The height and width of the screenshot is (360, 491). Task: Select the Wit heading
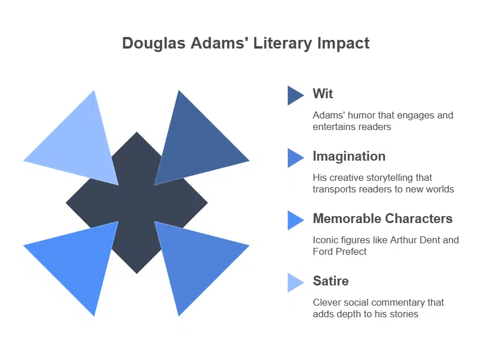(x=323, y=94)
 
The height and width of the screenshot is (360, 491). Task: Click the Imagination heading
(x=349, y=156)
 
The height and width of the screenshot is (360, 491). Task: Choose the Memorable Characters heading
(x=382, y=218)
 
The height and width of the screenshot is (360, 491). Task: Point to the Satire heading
(x=330, y=281)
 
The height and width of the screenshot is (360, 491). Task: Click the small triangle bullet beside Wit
(x=295, y=95)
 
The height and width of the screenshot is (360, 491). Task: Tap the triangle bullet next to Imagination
(x=295, y=158)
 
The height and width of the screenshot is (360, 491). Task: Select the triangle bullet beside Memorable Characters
(x=295, y=220)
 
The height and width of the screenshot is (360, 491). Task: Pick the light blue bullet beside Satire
(x=295, y=283)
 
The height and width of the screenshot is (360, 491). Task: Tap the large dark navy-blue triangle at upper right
(x=194, y=144)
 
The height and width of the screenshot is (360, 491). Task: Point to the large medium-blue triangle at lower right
(x=194, y=263)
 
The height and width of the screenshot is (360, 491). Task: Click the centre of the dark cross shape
(x=137, y=203)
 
